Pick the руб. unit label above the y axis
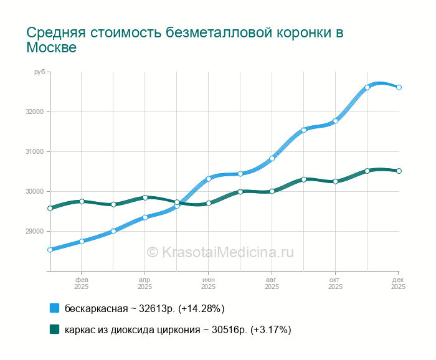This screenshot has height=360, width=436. coord(40,73)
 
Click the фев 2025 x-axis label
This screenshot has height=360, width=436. coord(82,283)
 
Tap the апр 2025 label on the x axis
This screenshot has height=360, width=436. coord(145,283)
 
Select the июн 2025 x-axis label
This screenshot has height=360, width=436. coord(209,283)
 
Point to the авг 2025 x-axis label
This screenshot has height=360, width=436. coord(272,283)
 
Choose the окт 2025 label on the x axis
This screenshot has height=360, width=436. coord(335,283)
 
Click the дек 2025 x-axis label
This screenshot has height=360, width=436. coord(399,283)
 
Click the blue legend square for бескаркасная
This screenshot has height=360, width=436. coord(54,308)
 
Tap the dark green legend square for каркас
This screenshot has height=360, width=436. coord(54,329)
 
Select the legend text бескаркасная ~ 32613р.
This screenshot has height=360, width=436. coord(145,308)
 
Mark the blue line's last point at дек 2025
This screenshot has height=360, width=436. coord(399,87)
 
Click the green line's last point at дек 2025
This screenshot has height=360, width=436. coord(399,171)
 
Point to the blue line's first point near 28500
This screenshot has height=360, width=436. coord(50,250)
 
